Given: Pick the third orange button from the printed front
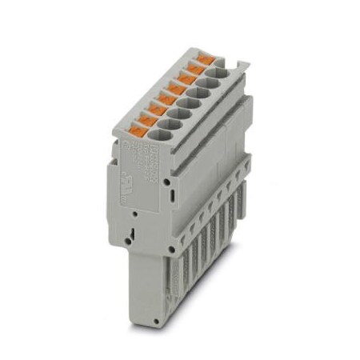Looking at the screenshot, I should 156,110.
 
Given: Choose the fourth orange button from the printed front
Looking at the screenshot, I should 166,99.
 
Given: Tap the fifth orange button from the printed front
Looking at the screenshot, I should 176,89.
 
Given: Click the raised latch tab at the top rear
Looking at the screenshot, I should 234,63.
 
